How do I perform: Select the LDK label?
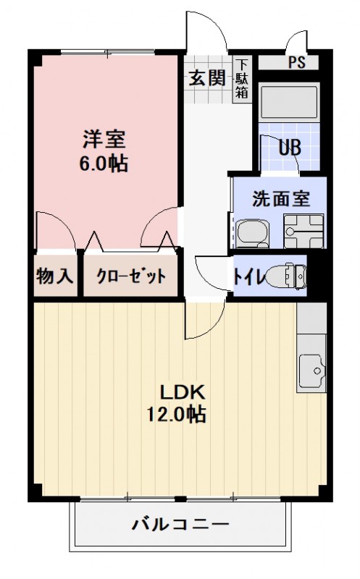point(184,392)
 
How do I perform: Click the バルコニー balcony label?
point(180,524)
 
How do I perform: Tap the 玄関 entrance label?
point(207,78)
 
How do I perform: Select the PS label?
point(297,62)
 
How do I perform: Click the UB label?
point(290,148)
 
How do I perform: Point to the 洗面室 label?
point(281,198)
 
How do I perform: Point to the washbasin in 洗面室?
point(250,233)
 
